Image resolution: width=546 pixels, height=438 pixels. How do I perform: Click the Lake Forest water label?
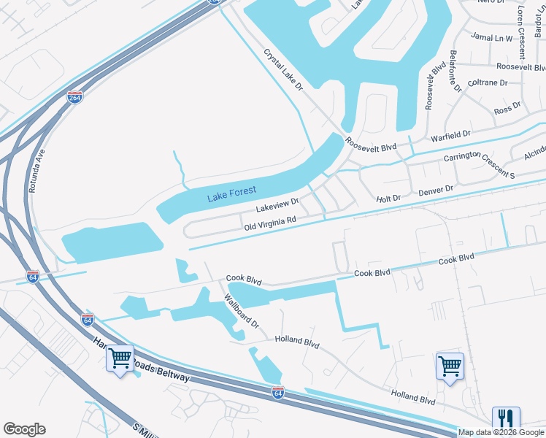pos(231,193)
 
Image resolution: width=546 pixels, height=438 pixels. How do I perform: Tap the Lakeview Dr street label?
pos(278,205)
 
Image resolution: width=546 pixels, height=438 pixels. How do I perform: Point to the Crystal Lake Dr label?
pos(284,70)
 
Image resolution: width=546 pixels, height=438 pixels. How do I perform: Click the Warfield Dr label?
pos(451,136)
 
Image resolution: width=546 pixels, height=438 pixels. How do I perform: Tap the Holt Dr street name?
pos(388,198)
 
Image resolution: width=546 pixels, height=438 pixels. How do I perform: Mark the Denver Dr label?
pos(436,191)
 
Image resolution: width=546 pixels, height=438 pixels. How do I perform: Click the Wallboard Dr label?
pos(242,310)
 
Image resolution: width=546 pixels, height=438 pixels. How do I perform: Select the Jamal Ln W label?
pos(492,36)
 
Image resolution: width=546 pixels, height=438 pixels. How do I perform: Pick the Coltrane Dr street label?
pos(488,82)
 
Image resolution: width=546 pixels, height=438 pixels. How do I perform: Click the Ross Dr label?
pos(507,109)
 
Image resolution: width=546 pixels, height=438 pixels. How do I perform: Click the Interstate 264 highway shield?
pos(74,97)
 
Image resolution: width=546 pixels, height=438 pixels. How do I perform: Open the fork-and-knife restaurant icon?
pos(506,419)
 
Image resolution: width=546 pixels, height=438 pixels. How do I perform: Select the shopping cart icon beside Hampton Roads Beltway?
pos(120,358)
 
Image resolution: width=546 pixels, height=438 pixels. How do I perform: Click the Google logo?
pos(24,429)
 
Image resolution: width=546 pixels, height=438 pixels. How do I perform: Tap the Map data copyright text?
pos(501,432)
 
